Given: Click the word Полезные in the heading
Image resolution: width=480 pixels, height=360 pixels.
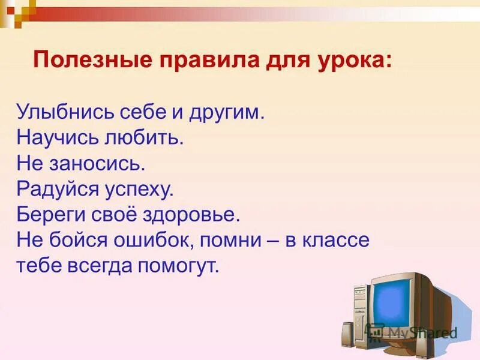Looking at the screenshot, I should click(83, 61).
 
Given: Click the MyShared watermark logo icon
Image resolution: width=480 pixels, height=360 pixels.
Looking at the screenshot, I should click(376, 332).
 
